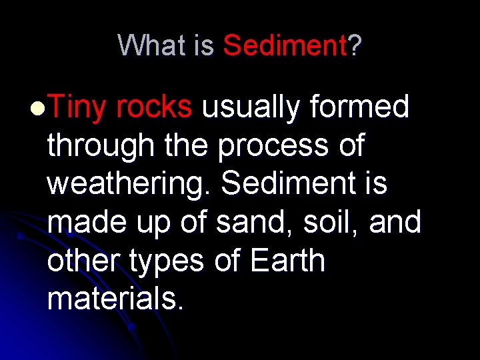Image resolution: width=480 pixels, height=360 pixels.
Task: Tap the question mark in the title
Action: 355,45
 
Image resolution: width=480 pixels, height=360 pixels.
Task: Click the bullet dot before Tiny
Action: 39,107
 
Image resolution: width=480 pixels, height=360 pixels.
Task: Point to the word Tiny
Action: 77,107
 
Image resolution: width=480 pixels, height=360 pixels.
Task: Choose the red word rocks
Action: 154,107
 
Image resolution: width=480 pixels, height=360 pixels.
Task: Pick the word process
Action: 271,146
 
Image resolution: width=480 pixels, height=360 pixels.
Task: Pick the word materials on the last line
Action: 113,299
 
